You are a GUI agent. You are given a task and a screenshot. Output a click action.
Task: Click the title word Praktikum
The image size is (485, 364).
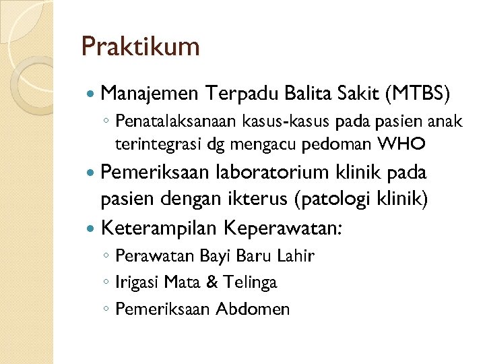tap(140, 47)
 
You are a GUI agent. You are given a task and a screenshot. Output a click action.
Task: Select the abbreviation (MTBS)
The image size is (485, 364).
tap(415, 93)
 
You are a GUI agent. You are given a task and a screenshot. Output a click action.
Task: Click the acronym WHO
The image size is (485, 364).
tap(402, 144)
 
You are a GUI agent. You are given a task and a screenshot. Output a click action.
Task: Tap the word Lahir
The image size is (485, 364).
tap(296, 256)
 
